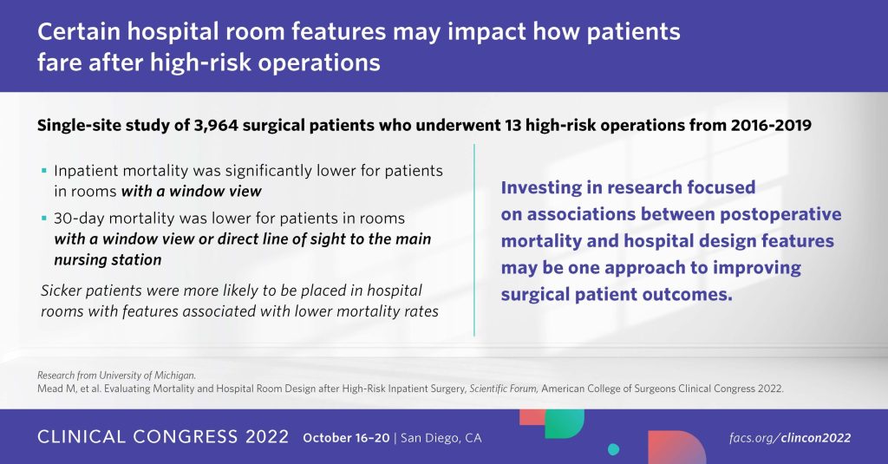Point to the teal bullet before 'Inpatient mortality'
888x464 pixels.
[44, 170]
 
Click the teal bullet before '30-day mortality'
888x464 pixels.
[44, 218]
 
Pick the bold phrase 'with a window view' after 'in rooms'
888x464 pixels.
[192, 192]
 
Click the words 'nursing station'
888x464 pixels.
[108, 260]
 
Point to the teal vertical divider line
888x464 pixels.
[474, 239]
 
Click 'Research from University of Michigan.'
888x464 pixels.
[117, 375]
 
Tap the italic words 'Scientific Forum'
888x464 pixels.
[504, 389]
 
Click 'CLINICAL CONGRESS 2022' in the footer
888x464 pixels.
[163, 437]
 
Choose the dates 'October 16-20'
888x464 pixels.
[347, 438]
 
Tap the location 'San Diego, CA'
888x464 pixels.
[441, 438]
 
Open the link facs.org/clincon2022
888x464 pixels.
[790, 438]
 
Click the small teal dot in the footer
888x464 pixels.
[613, 450]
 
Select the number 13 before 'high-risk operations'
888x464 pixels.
[513, 125]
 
